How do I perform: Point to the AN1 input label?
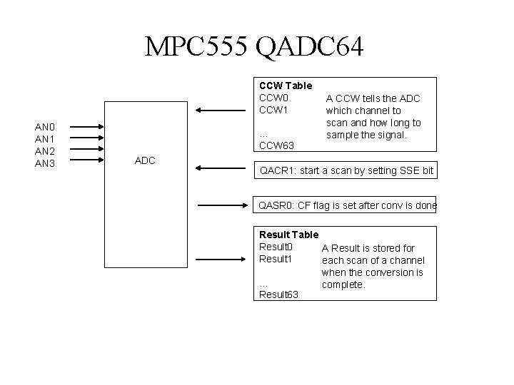[x=46, y=140]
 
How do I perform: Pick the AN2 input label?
[x=46, y=151]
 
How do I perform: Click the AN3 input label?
[x=46, y=163]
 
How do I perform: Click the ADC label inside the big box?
[x=145, y=160]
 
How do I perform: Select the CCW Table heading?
[x=286, y=86]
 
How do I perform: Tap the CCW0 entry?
[x=273, y=98]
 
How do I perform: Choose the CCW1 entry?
[x=273, y=111]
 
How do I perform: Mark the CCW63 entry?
[x=276, y=146]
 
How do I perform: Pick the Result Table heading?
[x=288, y=235]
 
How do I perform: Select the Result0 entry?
[x=276, y=247]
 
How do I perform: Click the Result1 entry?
[x=276, y=259]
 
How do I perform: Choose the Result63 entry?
[x=278, y=294]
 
